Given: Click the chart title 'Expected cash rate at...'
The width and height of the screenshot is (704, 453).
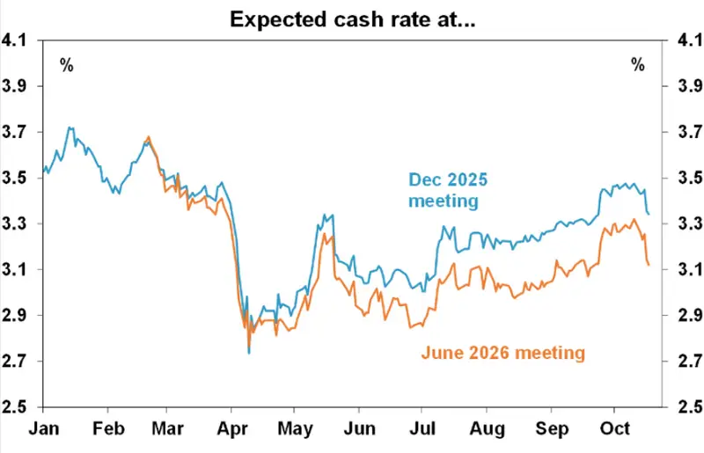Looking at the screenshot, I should pos(352,19).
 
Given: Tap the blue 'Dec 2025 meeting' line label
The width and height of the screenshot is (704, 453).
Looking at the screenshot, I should pos(447,190).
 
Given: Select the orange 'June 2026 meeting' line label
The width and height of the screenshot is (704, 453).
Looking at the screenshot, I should pos(502,353).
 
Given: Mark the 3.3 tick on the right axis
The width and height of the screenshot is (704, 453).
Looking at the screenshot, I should pos(685,223).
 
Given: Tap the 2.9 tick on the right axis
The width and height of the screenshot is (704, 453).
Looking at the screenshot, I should pos(685,315).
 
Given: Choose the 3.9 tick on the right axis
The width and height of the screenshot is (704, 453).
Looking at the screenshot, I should pos(685,86).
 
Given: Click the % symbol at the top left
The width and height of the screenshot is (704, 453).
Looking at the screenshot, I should pos(66,64).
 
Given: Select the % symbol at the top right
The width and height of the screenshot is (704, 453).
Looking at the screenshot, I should pos(638,64).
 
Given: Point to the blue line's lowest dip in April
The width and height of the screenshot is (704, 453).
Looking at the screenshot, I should pos(249,353).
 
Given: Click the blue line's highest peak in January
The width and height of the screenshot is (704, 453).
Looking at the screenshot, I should pos(70,128).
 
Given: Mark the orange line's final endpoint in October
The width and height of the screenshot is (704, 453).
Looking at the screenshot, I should pos(649,265).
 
